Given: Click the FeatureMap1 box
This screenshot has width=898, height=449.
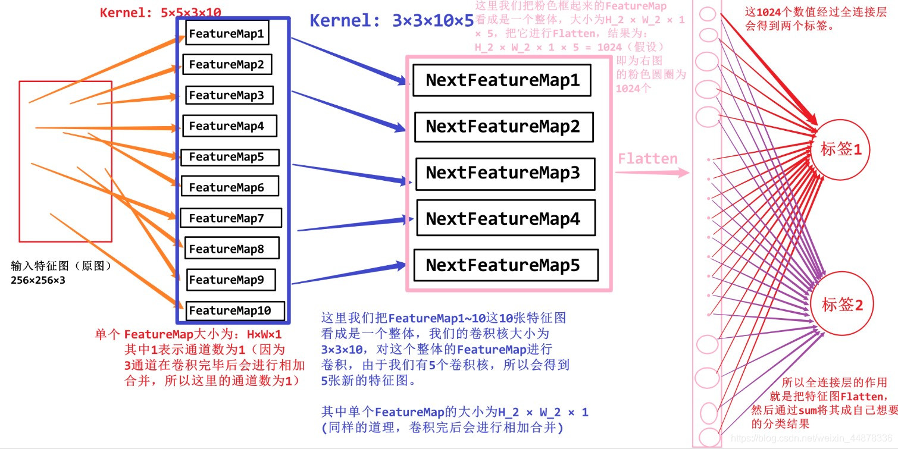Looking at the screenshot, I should coord(226,33).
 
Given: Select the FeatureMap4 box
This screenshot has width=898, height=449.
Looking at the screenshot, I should coord(229,126).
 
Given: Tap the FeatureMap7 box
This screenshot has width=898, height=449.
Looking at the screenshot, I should coord(230,218).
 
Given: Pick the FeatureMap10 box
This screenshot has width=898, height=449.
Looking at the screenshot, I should coord(234,310).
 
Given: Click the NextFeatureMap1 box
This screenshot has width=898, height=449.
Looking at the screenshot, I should coord(502,80).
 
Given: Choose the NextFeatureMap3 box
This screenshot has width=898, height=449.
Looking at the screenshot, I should coord(505,173).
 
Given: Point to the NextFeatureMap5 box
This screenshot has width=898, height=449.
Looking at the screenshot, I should coord(505,265).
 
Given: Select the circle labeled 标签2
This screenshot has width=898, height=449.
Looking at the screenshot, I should coord(841,304).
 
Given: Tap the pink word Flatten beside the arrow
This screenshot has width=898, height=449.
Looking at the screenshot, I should coord(647,159).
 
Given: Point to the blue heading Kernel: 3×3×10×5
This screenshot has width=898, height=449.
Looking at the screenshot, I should coord(392,21).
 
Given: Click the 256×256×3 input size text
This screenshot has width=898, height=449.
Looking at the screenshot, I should coord(38,279).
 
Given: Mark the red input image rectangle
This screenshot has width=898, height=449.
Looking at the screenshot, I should coord(65,161).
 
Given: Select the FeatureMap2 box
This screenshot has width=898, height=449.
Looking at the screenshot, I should coord(227,64).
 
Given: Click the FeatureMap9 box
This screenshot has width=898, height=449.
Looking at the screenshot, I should coord(231,280).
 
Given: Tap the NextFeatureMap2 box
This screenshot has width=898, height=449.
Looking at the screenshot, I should coord(503,127).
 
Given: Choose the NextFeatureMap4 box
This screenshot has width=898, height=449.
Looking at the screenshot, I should coord(505,219).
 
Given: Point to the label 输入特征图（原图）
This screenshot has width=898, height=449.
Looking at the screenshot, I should coord(61,266).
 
